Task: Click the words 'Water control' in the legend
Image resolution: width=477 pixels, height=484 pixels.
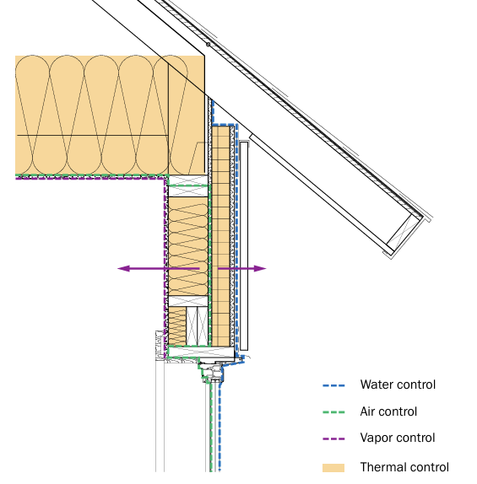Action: [x=398, y=385]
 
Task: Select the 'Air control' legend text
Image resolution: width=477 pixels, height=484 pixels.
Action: [x=388, y=412]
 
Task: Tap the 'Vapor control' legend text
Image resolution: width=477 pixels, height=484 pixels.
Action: [x=397, y=438]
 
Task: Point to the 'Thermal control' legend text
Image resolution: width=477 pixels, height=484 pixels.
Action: [x=404, y=467]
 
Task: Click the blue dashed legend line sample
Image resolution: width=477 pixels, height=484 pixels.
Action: [x=334, y=385]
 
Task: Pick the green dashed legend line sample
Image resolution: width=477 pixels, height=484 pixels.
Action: [x=334, y=412]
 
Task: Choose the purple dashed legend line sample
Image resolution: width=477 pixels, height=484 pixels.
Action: [x=334, y=438]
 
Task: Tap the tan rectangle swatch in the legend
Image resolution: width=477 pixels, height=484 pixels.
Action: [x=334, y=467]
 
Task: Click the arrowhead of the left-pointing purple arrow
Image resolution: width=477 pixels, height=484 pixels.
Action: [x=122, y=269]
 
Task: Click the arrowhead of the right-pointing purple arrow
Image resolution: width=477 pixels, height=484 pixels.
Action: [x=261, y=269]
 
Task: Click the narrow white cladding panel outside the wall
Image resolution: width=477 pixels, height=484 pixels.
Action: [x=244, y=245]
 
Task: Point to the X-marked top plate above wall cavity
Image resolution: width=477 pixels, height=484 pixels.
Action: [x=188, y=192]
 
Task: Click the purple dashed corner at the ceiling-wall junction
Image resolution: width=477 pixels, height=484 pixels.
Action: [x=164, y=179]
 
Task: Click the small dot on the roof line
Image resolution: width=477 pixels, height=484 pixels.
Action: [x=207, y=44]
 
